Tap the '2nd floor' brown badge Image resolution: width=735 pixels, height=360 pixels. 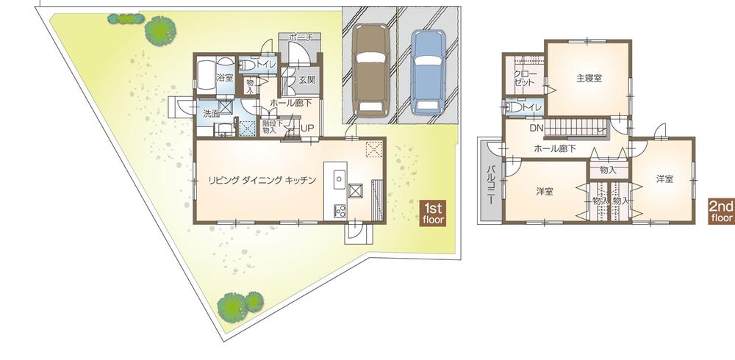720,212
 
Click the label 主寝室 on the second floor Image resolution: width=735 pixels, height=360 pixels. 589,78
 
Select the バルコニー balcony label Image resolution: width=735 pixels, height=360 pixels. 490,182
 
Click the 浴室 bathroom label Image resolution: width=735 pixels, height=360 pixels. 224,76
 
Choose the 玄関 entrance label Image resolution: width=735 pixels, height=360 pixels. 307,79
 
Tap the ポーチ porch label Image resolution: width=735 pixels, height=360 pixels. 301,37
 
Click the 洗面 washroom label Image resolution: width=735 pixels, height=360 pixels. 211,114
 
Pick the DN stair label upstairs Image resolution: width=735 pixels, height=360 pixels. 537,127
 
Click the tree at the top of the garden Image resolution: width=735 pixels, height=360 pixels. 159,30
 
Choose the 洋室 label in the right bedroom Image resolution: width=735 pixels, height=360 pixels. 664,179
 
